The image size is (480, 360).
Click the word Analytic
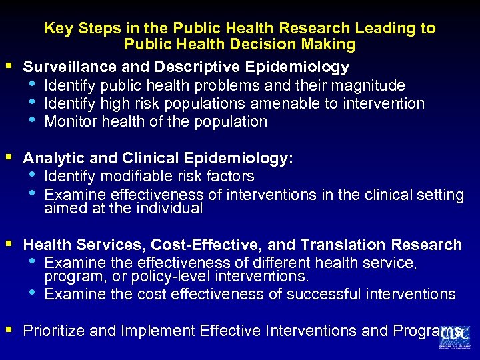point(49,159)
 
